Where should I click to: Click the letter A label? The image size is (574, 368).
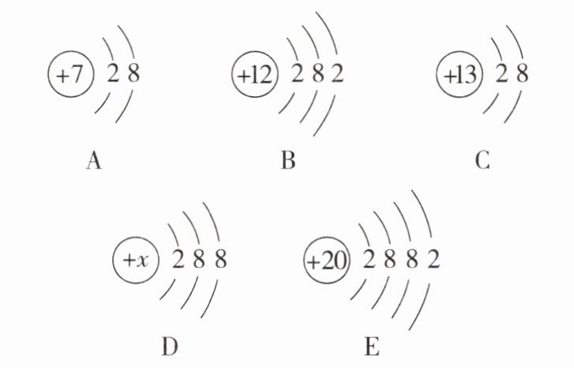93,162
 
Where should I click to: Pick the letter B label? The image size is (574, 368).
287,162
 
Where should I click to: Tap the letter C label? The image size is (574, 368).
483,162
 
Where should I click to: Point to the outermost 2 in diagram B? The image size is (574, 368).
337,76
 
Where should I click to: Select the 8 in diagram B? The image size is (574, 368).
317,76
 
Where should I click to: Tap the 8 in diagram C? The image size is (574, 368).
520,76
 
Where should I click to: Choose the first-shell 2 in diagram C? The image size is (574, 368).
501,76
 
